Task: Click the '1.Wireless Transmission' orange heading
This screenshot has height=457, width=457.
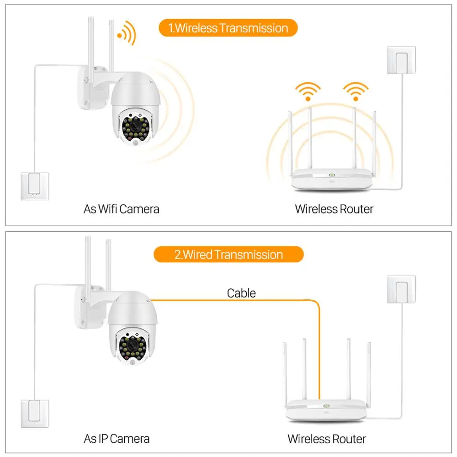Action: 228,28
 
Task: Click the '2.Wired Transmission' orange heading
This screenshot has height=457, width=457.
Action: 228,255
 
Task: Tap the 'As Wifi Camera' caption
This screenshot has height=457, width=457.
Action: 122,209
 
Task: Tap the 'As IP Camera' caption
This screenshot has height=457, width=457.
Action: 117,439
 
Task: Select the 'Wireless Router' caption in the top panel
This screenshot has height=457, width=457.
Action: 334,209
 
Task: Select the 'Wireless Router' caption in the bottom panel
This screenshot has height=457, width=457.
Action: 327,439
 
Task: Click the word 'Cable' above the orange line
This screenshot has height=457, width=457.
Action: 241,293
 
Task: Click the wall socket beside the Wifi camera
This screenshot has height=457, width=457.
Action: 35,185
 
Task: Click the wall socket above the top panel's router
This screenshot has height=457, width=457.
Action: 401,60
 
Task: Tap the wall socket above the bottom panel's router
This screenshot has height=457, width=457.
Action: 401,289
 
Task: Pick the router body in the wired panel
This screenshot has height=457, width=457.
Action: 326,409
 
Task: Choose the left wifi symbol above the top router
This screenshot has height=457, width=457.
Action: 308,90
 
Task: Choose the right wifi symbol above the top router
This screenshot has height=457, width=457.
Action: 356,90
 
